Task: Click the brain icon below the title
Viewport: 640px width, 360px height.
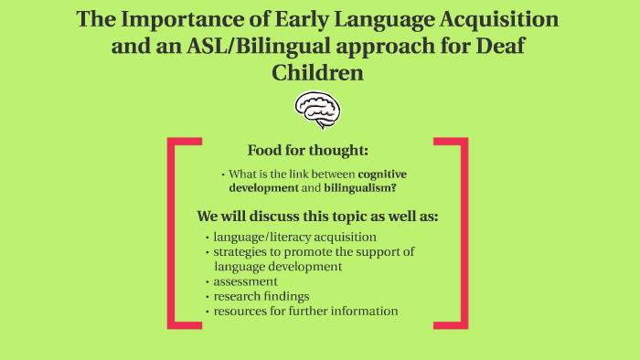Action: click(x=317, y=111)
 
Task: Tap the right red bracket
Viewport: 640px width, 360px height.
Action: click(x=464, y=232)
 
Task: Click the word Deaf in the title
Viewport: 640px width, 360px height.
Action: click(x=503, y=47)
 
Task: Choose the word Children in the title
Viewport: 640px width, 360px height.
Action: click(x=317, y=72)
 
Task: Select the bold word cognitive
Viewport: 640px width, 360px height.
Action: click(x=381, y=174)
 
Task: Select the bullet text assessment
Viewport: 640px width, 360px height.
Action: click(x=245, y=281)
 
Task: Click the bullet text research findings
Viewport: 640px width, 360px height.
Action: click(x=262, y=296)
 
